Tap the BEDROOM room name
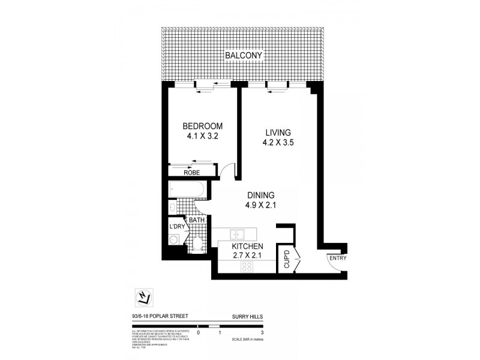pos(203,126)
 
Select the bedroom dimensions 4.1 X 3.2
pos(203,137)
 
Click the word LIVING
pos(276,132)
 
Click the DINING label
pos(261,195)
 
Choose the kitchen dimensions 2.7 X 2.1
pos(248,257)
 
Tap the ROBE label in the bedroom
pos(193,173)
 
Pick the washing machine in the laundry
pos(175,240)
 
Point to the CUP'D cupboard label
pos(286,259)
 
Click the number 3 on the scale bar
pos(263,332)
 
